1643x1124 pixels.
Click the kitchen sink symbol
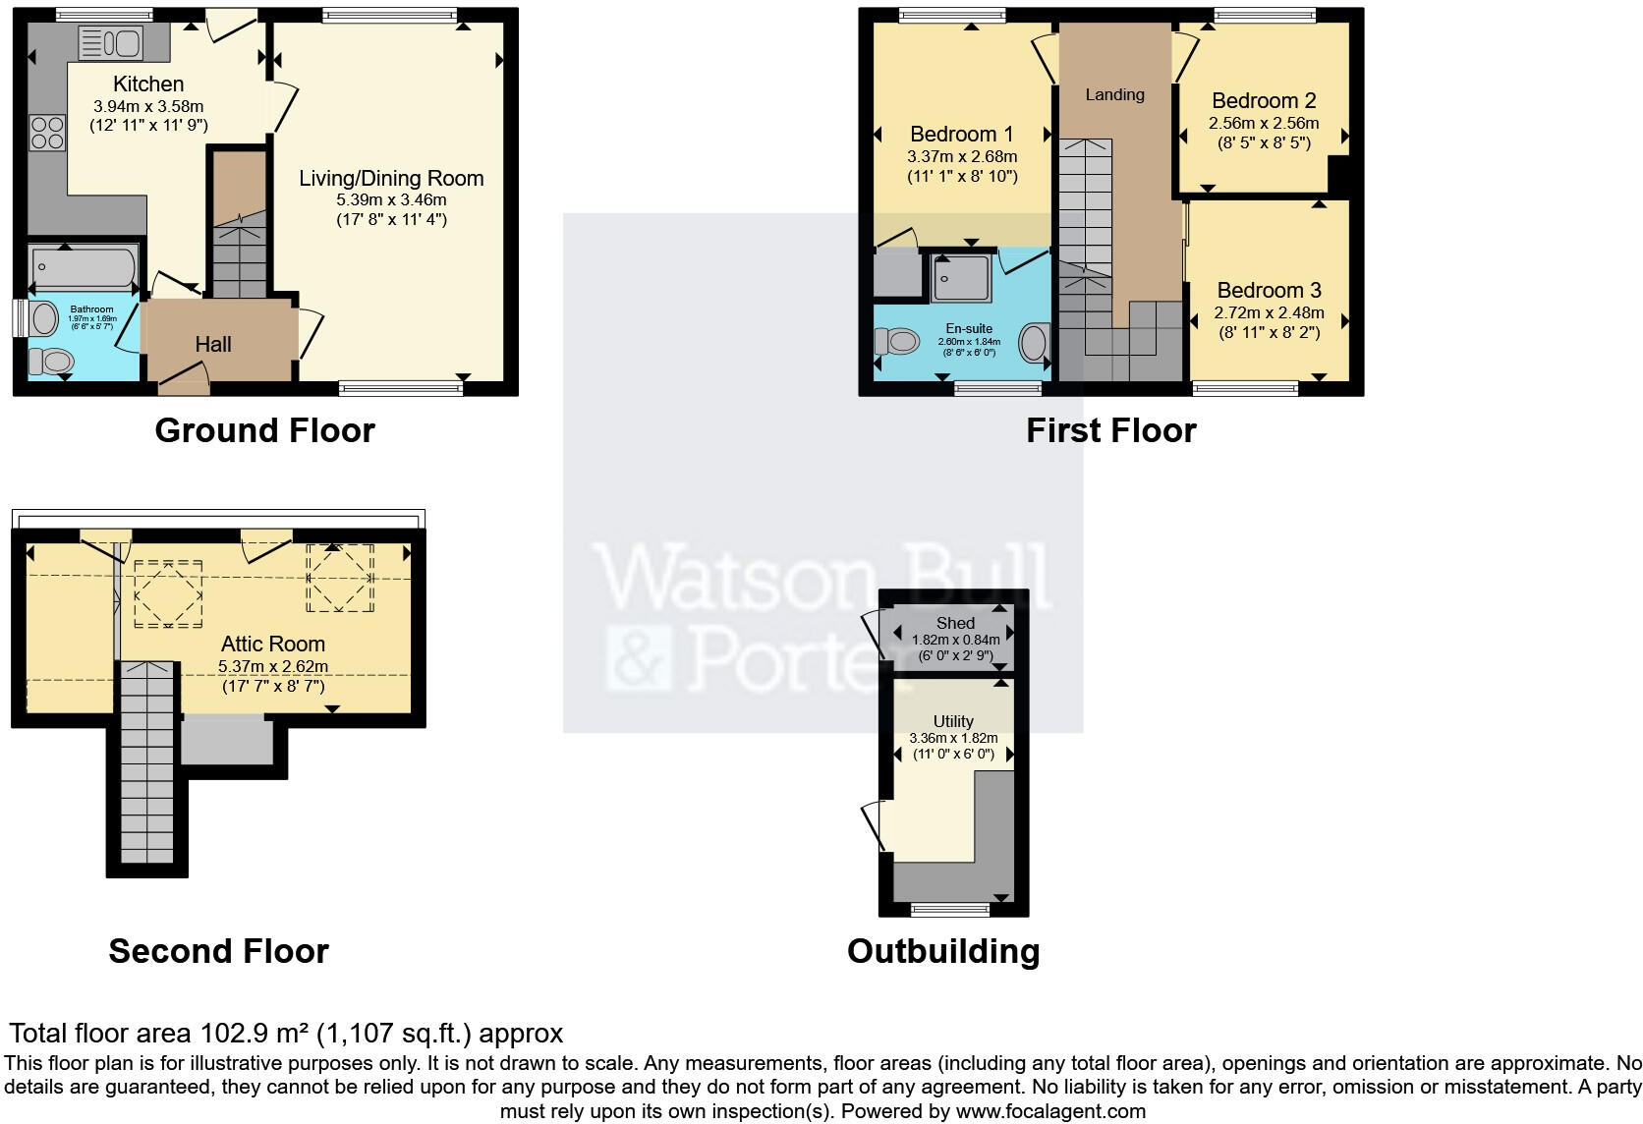click(111, 42)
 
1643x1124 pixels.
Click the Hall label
click(213, 344)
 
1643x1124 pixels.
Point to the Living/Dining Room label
click(391, 179)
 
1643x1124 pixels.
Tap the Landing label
click(1114, 94)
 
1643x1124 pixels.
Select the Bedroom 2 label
click(1264, 101)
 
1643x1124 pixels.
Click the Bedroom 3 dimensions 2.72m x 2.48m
click(1269, 312)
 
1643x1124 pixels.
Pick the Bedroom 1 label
click(961, 135)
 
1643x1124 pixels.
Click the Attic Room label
click(272, 645)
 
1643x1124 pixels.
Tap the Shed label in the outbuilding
click(955, 623)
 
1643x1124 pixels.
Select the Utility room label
click(953, 721)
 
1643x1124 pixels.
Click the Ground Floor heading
click(264, 430)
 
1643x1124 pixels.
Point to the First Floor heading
click(1110, 430)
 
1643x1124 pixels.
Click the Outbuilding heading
click(942, 951)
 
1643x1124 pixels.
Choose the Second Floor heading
click(218, 951)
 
